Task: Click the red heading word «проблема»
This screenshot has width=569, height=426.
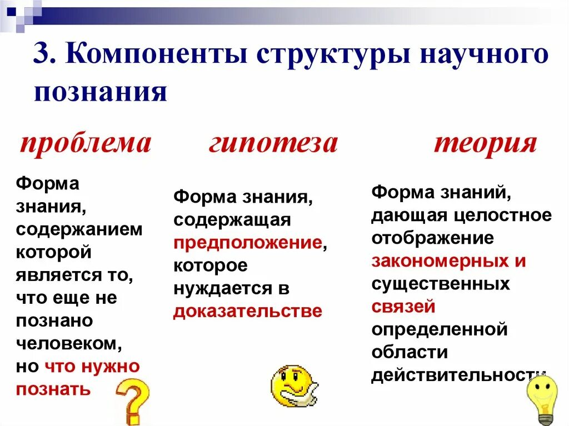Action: click(85, 143)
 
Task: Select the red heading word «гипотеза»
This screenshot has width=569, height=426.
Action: click(273, 143)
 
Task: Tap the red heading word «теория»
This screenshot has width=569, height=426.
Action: click(485, 143)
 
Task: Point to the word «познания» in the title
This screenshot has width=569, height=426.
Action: click(100, 92)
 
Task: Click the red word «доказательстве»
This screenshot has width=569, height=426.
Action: click(247, 310)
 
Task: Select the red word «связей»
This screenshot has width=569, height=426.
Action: click(403, 306)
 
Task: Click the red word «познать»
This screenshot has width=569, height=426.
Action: click(53, 388)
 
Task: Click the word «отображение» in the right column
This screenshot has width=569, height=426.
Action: click(432, 238)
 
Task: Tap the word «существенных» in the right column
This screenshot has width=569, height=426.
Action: click(440, 284)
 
